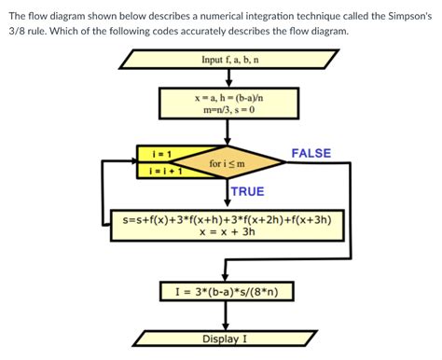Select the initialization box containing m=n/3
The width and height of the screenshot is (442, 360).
[x=228, y=103]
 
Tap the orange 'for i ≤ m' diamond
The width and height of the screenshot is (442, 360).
[x=228, y=164]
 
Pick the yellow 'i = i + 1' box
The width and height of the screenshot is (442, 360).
[x=148, y=172]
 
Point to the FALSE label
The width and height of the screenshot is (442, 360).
[x=311, y=152]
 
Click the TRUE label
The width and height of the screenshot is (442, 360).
[x=247, y=191]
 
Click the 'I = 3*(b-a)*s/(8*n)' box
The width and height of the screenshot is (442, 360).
[x=228, y=292]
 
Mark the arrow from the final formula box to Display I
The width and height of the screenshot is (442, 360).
[x=227, y=315]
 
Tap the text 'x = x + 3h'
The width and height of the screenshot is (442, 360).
[x=228, y=232]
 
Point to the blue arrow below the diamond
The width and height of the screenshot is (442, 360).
[x=227, y=196]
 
